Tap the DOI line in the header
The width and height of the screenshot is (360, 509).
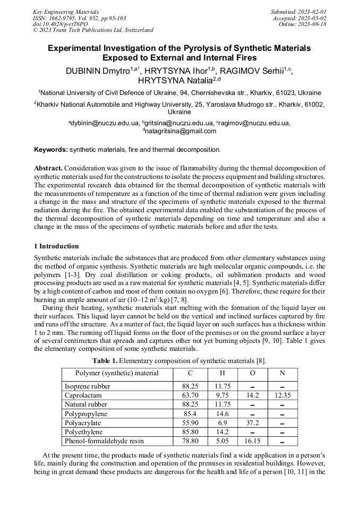[60, 24]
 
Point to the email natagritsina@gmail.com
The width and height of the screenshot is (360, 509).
[180, 131]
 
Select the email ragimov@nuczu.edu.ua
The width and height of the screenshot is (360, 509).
[254, 123]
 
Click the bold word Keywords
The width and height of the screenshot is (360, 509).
[50, 150]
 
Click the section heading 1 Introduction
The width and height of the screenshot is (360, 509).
[56, 246]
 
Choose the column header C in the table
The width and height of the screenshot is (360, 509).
[191, 373]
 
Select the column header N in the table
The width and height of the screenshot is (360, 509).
[282, 373]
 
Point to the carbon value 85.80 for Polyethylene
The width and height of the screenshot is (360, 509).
[191, 432]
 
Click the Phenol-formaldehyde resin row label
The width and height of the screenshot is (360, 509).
[104, 441]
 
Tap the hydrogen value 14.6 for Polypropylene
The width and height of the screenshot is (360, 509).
[222, 413]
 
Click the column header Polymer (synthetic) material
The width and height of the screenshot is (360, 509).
[117, 373]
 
